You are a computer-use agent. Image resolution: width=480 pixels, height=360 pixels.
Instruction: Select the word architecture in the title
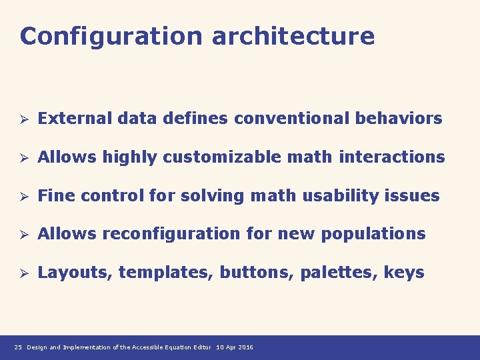click(x=293, y=36)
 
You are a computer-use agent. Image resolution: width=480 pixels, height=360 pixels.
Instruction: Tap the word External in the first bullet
click(x=75, y=119)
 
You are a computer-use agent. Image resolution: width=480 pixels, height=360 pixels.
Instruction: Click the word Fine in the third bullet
click(x=54, y=196)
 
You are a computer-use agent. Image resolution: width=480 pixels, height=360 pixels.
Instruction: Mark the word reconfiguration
click(x=163, y=234)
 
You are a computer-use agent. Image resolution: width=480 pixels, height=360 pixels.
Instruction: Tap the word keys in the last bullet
click(x=404, y=273)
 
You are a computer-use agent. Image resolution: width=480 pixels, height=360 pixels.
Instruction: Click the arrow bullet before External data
click(x=22, y=119)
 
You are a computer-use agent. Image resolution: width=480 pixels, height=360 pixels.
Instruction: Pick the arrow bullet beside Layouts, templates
click(x=22, y=273)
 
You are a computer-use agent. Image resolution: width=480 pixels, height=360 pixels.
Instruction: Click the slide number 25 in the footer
click(x=18, y=347)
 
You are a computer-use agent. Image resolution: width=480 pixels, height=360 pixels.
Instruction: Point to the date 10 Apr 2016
click(x=235, y=347)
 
